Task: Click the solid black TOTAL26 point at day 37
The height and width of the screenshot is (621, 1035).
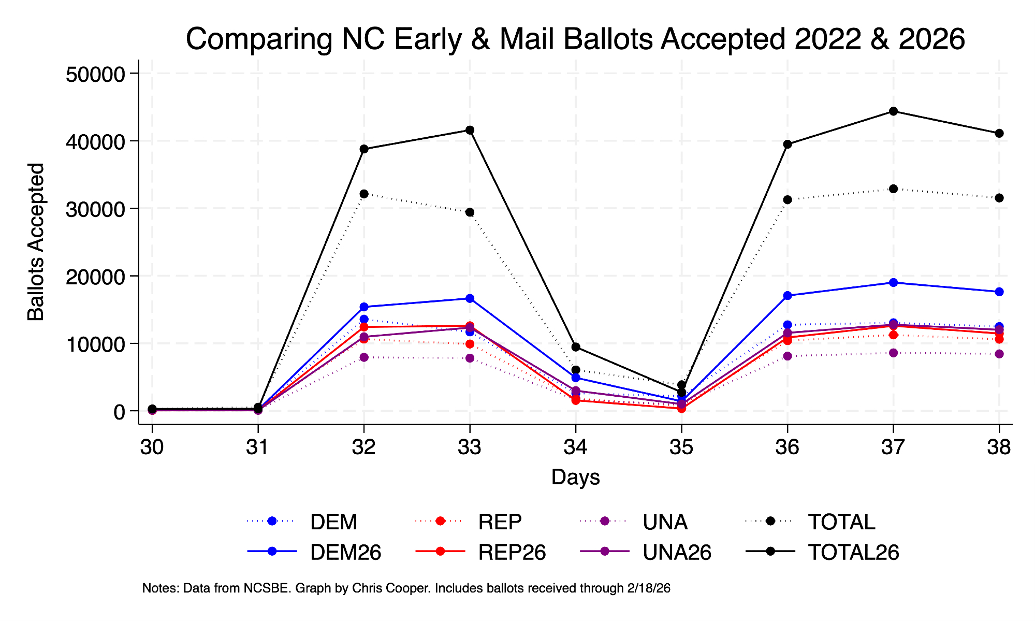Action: (x=893, y=111)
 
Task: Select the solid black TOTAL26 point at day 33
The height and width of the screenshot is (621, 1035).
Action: (x=470, y=130)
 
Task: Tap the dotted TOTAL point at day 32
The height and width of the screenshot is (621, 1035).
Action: (x=364, y=194)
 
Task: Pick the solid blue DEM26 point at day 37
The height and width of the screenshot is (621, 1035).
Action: (x=893, y=283)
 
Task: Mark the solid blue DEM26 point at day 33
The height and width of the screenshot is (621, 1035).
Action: (x=470, y=298)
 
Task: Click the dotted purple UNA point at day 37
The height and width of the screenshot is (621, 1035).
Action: (x=893, y=353)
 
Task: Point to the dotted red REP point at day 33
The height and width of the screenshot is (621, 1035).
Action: (x=470, y=344)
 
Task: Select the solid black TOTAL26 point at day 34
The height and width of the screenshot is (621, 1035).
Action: (x=576, y=347)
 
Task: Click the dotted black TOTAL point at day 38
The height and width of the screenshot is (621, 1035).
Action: (x=999, y=198)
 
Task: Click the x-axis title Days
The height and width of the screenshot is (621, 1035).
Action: (x=575, y=477)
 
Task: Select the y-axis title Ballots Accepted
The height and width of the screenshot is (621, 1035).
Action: (x=36, y=242)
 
